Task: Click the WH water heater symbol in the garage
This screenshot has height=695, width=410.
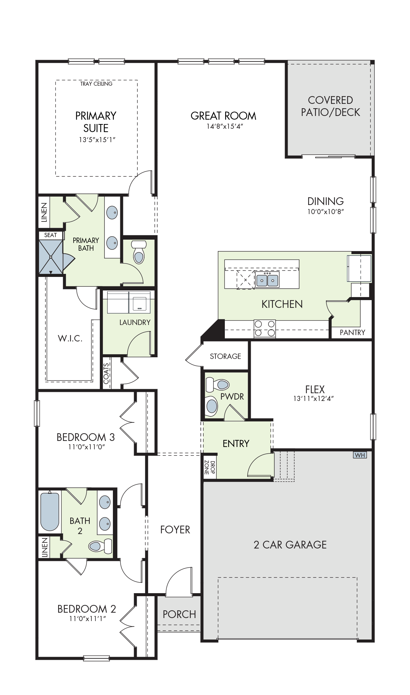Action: [x=360, y=455]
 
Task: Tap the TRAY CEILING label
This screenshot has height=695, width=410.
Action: [x=96, y=84]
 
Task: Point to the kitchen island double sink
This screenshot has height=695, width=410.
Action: [x=267, y=280]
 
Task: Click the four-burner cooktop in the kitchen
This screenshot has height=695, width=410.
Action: [x=264, y=328]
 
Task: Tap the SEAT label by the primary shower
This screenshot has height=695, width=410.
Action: [x=50, y=235]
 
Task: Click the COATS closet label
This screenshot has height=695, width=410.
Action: [x=106, y=374]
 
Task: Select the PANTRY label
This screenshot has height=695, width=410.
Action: [x=352, y=332]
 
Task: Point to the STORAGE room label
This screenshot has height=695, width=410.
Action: [x=225, y=356]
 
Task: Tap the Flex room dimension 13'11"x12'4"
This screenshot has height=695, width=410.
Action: [x=313, y=399]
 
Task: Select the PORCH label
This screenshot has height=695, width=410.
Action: [x=179, y=614]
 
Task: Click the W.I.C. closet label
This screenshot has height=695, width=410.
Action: [x=70, y=338]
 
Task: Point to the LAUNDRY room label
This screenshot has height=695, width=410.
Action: [x=135, y=322]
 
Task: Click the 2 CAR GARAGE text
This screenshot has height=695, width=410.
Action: [x=290, y=544]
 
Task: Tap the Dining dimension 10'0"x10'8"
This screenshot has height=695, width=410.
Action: [x=325, y=212]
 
